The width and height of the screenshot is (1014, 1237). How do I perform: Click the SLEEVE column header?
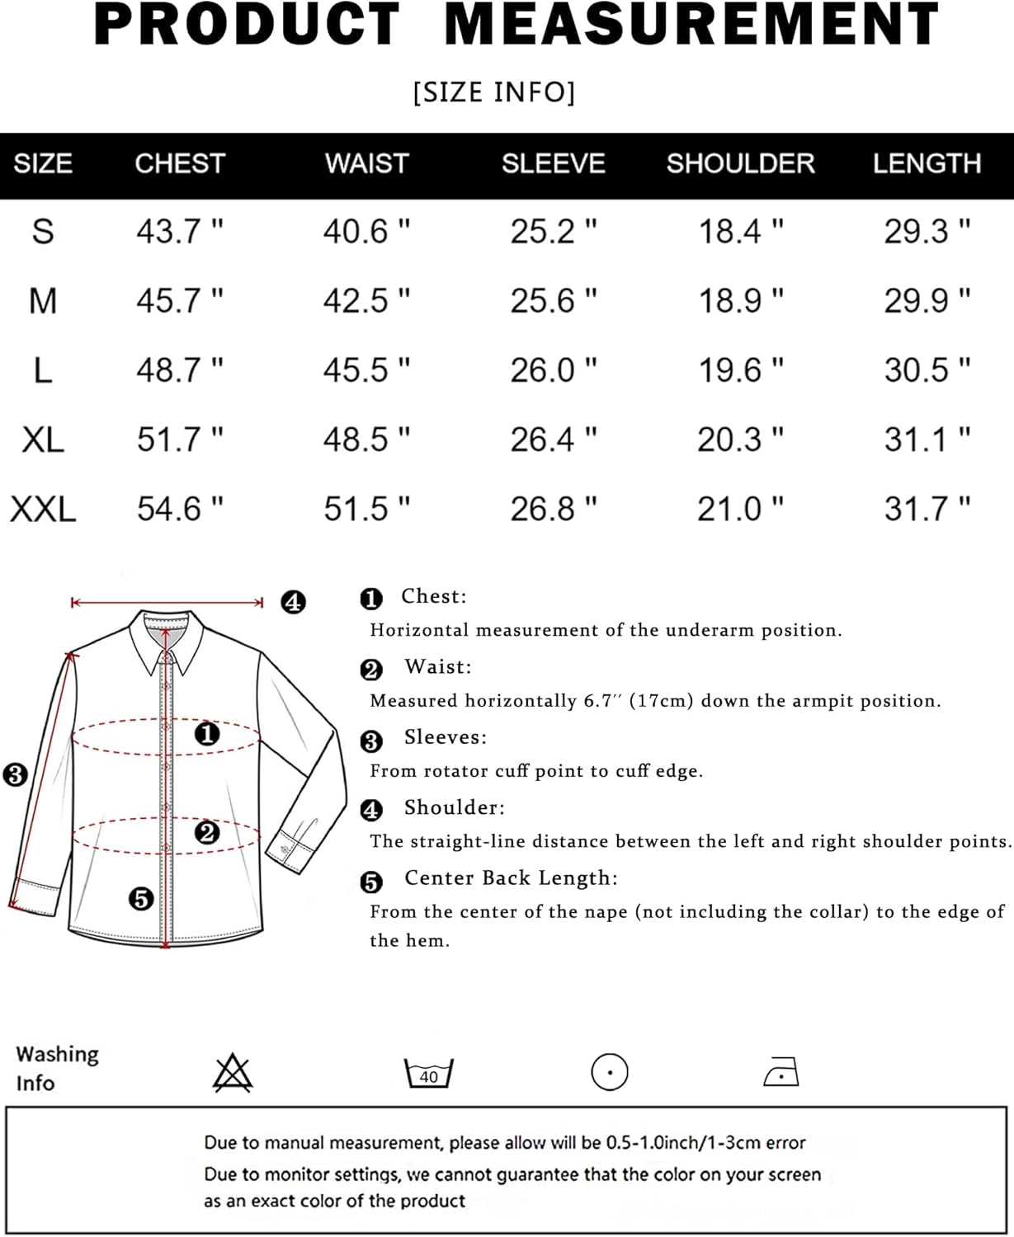pos(554,163)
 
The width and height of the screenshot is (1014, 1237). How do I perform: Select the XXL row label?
pos(43,509)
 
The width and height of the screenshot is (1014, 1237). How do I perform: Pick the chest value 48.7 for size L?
pos(180,370)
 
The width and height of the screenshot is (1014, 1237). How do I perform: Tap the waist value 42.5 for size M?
pos(366,301)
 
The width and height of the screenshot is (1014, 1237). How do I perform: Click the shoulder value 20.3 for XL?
pos(740,440)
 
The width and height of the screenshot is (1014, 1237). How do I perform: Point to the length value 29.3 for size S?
pos(927,232)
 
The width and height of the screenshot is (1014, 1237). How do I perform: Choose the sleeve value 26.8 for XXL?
pos(554,509)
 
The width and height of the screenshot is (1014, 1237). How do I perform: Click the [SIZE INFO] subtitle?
pos(494,92)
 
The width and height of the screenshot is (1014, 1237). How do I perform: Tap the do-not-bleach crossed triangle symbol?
pos(233,1073)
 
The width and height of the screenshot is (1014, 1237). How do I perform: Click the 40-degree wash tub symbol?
pos(428,1073)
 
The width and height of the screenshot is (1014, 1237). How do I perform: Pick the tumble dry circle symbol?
pos(610,1072)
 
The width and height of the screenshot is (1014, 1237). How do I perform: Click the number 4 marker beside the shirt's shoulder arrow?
pos(294,602)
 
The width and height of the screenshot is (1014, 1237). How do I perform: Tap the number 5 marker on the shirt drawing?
pos(141,899)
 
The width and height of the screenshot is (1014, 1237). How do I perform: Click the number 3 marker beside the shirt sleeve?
pos(15,774)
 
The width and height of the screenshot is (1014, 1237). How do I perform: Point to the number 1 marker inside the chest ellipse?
pos(206,734)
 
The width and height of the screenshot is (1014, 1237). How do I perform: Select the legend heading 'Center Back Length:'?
pos(511,878)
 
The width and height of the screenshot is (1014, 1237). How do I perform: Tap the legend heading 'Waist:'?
pos(438,667)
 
